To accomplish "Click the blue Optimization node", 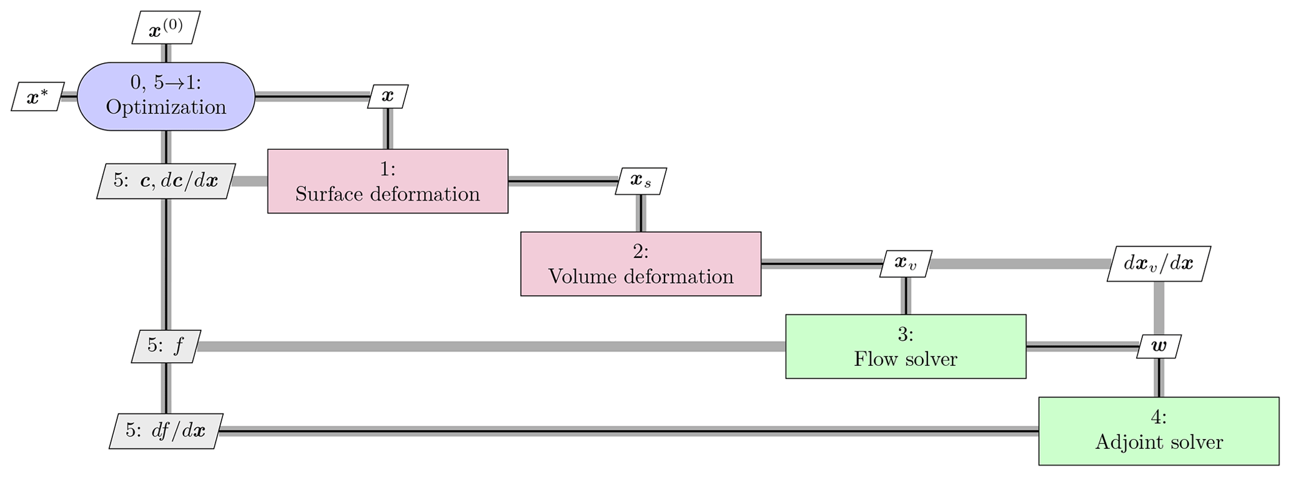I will [x=166, y=96].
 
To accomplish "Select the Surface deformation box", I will [x=387, y=181].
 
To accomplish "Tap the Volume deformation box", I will [x=640, y=264].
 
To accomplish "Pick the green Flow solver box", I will [x=905, y=347].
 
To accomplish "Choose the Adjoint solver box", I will [x=1158, y=431].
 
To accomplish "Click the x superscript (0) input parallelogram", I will [x=166, y=28].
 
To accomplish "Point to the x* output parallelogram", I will [x=37, y=97].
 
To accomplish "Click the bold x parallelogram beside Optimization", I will [x=388, y=96].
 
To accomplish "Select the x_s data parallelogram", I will [x=640, y=181].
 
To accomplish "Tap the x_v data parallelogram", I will [x=905, y=263].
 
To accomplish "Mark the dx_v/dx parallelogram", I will [x=1158, y=263].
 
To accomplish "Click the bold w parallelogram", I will [x=1158, y=347].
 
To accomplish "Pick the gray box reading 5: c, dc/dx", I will [x=166, y=181].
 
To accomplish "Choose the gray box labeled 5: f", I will [x=166, y=347].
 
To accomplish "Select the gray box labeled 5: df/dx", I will [x=166, y=431].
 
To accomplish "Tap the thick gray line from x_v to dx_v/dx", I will [x=1018, y=263].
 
